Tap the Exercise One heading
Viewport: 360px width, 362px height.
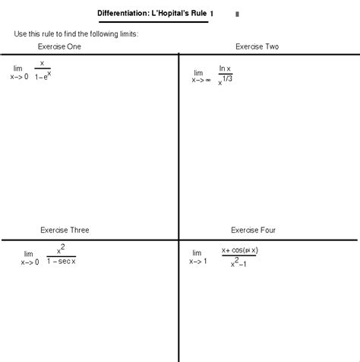click(x=59, y=46)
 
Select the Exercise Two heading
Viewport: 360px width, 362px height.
click(x=257, y=46)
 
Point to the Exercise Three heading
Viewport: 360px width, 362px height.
click(x=65, y=229)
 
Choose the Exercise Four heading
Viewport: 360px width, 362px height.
click(x=253, y=229)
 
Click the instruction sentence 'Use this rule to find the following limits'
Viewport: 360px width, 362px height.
click(x=76, y=34)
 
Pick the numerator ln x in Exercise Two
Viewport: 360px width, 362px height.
click(x=225, y=68)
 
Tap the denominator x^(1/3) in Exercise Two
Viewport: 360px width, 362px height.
click(x=225, y=81)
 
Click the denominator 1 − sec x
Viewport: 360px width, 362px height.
click(x=61, y=262)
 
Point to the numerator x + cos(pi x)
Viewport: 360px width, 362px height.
click(x=240, y=250)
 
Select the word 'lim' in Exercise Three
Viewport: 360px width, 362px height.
click(x=29, y=253)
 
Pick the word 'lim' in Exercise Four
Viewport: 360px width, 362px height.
click(x=197, y=252)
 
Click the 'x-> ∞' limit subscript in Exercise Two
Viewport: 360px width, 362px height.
click(x=201, y=78)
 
